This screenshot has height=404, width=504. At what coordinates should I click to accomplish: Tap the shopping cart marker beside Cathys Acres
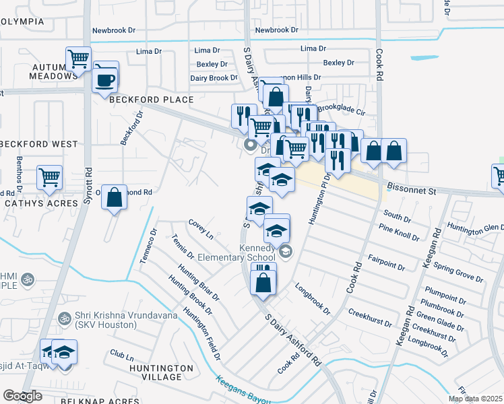click(x=50, y=178)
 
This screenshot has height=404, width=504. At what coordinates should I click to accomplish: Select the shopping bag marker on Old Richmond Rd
click(x=115, y=198)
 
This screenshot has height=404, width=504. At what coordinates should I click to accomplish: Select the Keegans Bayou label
click(x=243, y=390)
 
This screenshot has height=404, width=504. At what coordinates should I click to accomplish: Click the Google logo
click(x=23, y=396)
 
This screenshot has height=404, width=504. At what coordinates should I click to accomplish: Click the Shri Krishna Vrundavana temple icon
click(x=65, y=318)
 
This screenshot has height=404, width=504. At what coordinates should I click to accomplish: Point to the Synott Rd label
click(x=88, y=178)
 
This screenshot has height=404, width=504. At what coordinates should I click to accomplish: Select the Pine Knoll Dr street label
click(x=399, y=234)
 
